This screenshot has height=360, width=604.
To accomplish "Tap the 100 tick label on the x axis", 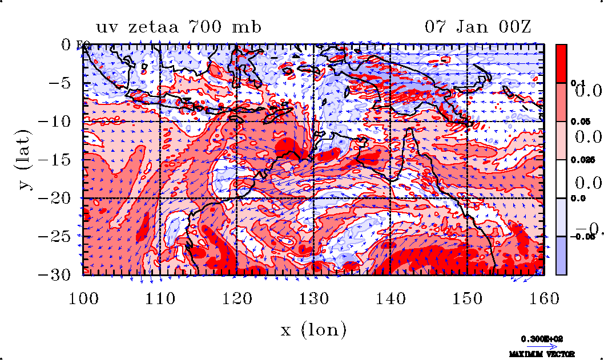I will [x=83, y=298].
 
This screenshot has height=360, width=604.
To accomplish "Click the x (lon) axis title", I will [x=313, y=329].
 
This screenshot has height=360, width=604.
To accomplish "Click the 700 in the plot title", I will [x=216, y=27].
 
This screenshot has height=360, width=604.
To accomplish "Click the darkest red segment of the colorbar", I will [x=562, y=63].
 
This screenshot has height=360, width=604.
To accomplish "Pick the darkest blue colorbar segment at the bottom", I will [x=562, y=256].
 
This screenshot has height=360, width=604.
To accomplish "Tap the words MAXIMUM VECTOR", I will [x=542, y=354].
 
